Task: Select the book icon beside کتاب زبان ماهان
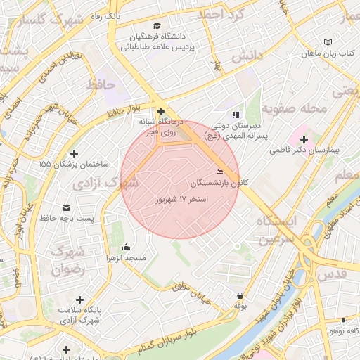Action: [328, 43]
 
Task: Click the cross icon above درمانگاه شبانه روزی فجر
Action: [161, 111]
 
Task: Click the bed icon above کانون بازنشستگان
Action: [220, 172]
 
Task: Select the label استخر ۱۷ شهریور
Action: [183, 200]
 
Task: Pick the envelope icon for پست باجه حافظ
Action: [67, 208]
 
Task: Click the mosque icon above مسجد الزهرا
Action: [126, 247]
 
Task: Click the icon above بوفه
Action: [240, 296]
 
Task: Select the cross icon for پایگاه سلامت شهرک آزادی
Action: [79, 300]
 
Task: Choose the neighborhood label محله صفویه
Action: [294, 109]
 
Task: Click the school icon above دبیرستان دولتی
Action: [236, 114]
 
